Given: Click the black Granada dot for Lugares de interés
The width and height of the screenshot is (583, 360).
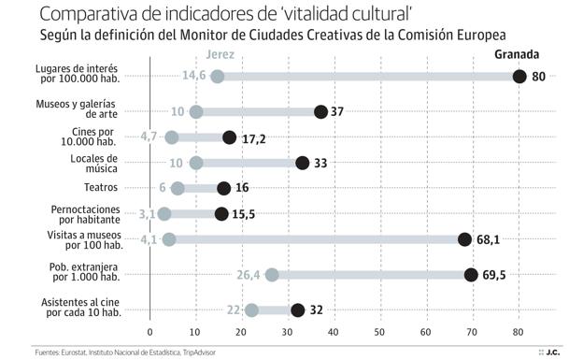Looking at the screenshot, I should [520, 77].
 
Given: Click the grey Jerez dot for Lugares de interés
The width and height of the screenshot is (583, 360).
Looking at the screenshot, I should [218, 77].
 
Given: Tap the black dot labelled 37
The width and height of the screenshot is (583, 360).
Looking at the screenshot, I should [321, 111].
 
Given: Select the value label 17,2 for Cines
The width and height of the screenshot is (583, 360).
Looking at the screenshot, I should [255, 137].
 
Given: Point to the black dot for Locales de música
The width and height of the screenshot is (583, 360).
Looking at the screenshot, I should [303, 163].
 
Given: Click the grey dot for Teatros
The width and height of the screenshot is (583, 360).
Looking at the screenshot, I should [178, 188].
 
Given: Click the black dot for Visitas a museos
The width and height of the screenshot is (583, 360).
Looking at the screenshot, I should [465, 239].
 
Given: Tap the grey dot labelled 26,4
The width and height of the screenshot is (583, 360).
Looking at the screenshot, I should [272, 275].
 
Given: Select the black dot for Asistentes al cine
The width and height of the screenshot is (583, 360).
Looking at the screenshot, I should [298, 310].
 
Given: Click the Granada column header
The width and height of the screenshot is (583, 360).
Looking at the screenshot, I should [517, 55].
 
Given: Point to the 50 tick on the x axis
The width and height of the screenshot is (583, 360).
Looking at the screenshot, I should [381, 332].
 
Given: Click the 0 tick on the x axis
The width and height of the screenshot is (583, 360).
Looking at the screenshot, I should [149, 332].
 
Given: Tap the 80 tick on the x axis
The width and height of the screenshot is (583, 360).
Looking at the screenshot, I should [519, 332].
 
